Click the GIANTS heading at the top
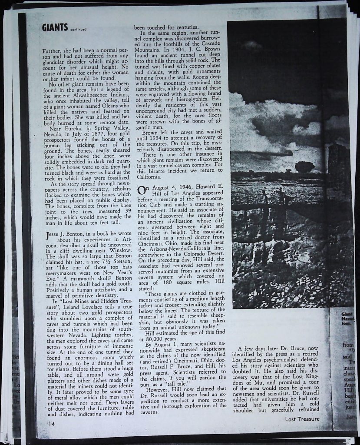(54, 28)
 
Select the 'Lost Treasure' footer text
(302, 419)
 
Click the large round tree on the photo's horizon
(304, 166)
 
